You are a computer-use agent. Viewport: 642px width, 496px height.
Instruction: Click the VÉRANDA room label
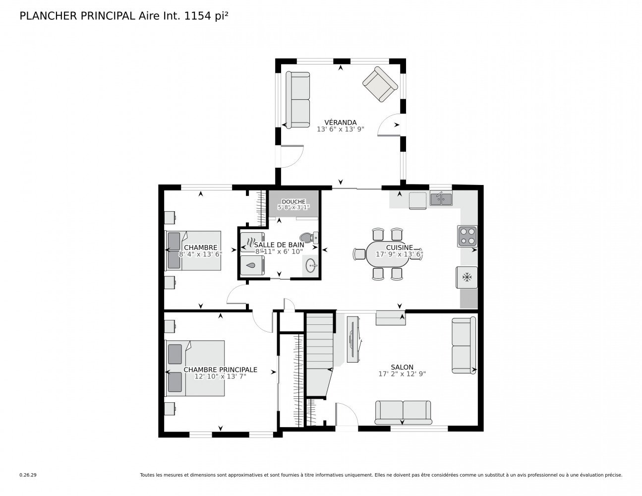pyautogui.click(x=340, y=123)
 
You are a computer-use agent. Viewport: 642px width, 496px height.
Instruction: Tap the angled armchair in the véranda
pyautogui.click(x=380, y=84)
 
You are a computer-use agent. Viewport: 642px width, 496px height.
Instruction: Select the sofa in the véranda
pyautogui.click(x=299, y=99)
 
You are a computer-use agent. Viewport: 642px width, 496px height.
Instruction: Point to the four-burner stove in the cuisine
pyautogui.click(x=467, y=236)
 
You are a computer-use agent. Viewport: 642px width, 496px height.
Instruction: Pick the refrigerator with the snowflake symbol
pyautogui.click(x=467, y=277)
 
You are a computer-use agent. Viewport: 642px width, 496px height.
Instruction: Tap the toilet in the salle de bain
pyautogui.click(x=308, y=238)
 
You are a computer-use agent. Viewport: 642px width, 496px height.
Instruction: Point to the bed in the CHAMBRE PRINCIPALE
pyautogui.click(x=195, y=368)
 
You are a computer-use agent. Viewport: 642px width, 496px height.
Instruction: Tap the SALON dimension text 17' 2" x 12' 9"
pyautogui.click(x=402, y=374)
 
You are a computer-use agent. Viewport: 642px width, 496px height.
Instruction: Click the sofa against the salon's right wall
pyautogui.click(x=464, y=346)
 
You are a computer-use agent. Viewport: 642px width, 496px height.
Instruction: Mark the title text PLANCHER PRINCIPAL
pyautogui.click(x=76, y=16)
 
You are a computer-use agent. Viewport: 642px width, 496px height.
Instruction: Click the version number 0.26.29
pyautogui.click(x=28, y=475)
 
